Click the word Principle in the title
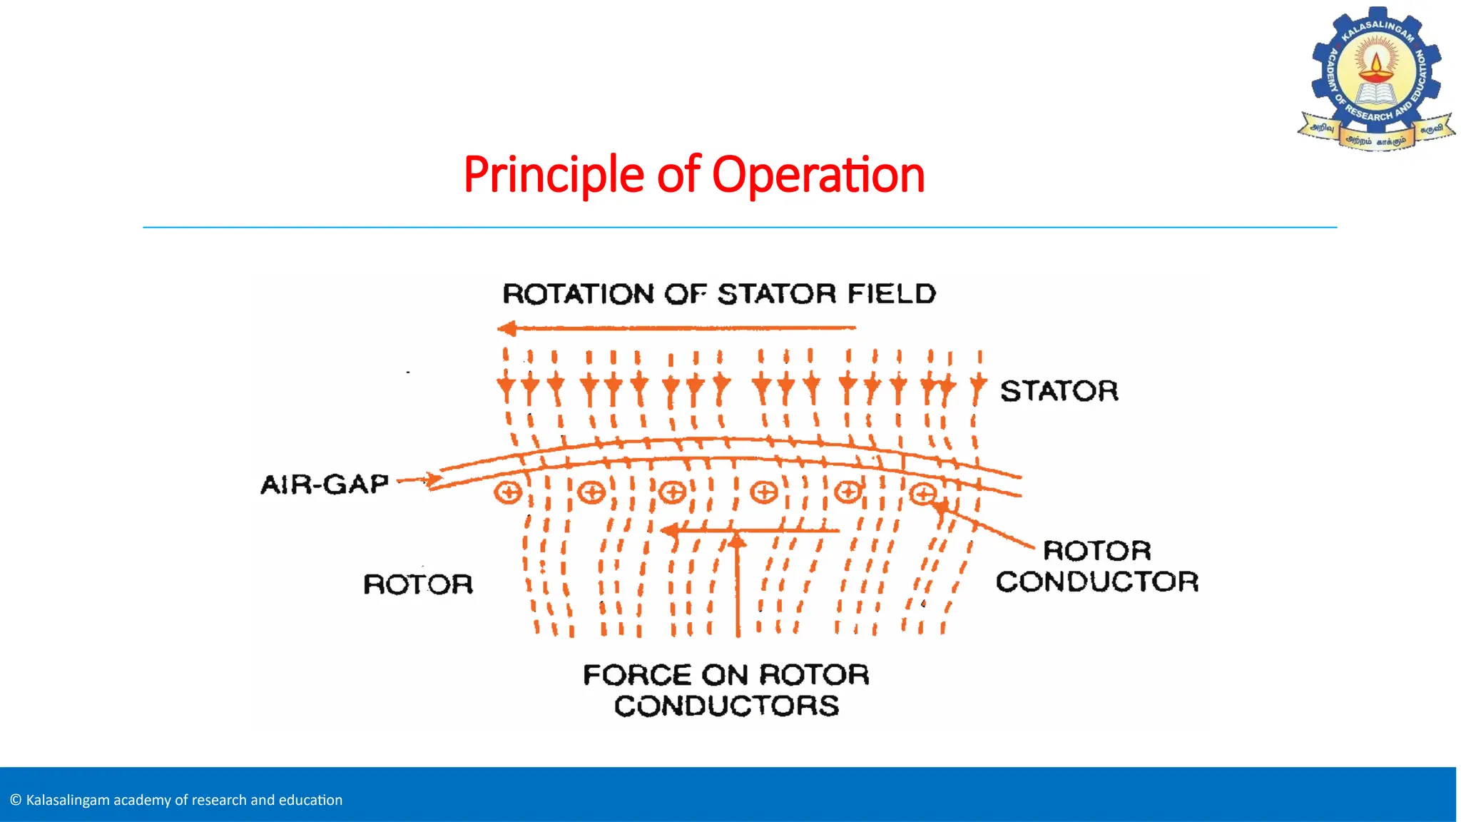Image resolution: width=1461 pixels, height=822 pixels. point(554,176)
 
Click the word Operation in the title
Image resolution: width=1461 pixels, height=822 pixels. point(818,176)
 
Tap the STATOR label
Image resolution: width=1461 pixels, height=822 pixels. point(1059,391)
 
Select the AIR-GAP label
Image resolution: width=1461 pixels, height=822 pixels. point(325,484)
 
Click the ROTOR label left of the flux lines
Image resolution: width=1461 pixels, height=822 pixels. point(418,584)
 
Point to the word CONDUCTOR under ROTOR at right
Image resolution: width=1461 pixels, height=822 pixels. point(1096,582)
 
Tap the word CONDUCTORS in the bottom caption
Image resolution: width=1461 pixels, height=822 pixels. point(726,706)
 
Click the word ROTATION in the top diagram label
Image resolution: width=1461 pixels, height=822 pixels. point(579,294)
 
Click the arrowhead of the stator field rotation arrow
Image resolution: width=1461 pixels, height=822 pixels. point(507,328)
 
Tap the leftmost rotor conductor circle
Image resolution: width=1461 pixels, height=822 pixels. point(509,492)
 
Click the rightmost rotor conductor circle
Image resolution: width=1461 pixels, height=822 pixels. point(923,493)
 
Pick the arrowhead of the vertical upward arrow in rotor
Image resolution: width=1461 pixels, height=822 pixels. point(738,540)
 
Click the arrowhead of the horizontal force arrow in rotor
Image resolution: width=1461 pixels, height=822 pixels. point(669,531)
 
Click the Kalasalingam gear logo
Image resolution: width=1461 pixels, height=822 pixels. point(1376,78)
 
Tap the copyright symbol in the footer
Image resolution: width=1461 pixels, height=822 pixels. point(16,800)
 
